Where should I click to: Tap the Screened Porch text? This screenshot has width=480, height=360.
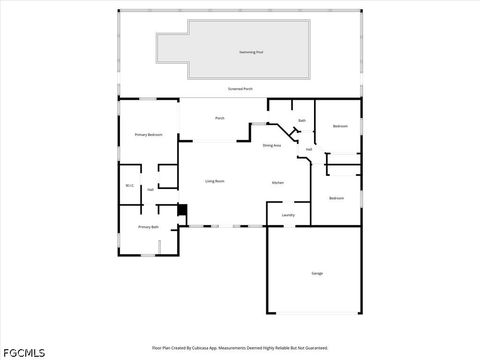click(240, 89)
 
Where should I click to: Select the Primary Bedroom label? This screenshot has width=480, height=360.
click(148, 134)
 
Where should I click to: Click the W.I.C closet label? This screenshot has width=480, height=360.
click(129, 185)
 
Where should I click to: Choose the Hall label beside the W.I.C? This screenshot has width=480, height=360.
click(150, 189)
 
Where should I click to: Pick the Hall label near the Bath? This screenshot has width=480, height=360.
click(309, 150)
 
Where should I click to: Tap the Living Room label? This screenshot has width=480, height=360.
click(214, 181)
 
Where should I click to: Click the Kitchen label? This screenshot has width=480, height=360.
click(278, 182)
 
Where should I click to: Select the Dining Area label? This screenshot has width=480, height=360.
click(271, 146)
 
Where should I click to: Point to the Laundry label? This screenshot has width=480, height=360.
click(287, 215)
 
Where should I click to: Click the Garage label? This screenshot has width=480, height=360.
click(317, 273)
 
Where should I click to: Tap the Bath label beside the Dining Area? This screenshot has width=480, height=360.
click(301, 121)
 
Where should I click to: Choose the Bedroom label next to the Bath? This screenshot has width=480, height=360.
click(340, 126)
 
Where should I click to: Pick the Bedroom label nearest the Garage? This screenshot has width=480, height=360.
click(337, 198)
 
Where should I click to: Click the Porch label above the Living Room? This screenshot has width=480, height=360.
click(220, 118)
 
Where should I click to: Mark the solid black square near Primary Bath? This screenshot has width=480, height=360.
click(181, 210)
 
